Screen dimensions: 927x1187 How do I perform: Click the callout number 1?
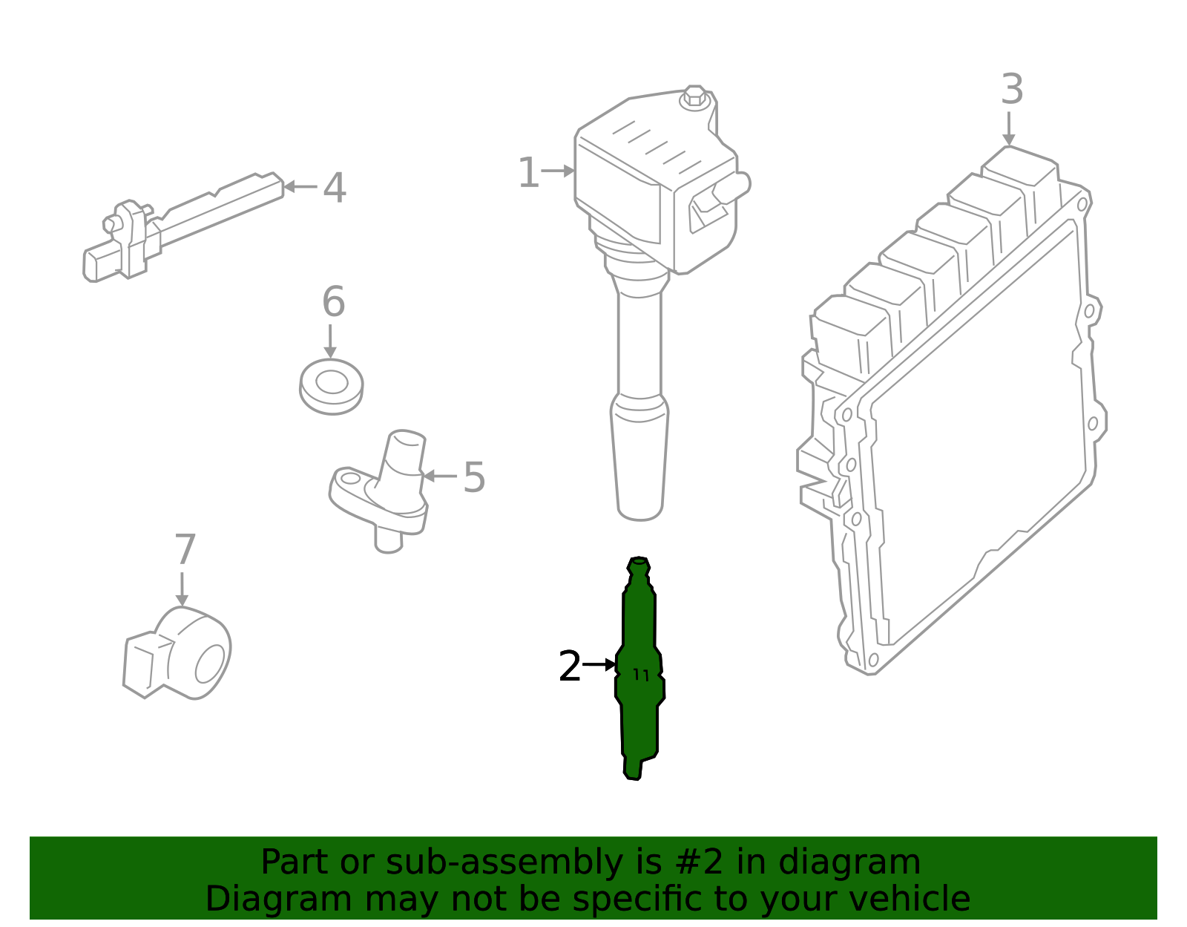527,173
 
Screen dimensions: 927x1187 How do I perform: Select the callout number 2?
569,666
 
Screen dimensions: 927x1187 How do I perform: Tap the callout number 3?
1012,90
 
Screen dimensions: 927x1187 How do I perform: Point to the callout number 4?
335,188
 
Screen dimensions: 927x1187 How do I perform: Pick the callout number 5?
474,477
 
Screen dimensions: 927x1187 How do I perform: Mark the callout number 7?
185,550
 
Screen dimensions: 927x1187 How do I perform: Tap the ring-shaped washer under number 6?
331,385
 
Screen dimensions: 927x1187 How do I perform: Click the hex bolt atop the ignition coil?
694,96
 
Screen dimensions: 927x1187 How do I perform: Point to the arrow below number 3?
1008,128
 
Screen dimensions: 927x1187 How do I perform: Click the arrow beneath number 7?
182,589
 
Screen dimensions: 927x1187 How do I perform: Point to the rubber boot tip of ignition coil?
639,460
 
